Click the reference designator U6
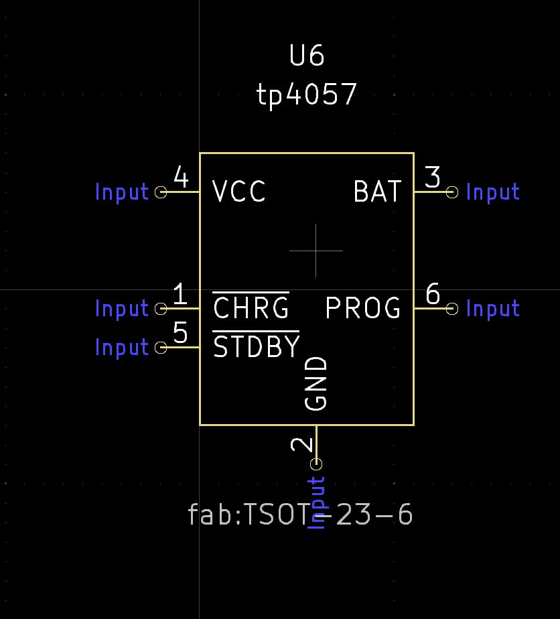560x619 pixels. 307,56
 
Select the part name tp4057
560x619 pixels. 307,94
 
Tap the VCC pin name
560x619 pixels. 239,192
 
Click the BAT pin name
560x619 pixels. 377,192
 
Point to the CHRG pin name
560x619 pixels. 251,308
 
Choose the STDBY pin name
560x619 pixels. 256,347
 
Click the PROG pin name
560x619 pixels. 363,308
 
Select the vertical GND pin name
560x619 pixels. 316,383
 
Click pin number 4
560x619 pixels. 181,178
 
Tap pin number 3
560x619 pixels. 433,178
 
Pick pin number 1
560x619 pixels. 180,295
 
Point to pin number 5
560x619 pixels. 180,333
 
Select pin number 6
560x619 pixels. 433,294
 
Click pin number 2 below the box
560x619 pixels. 303,445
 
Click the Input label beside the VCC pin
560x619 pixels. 122,192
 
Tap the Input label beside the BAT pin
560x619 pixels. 492,192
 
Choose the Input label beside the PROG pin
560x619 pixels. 492,309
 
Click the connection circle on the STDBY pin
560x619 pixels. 161,347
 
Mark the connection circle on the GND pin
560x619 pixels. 316,464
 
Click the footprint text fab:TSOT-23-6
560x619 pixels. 300,514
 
